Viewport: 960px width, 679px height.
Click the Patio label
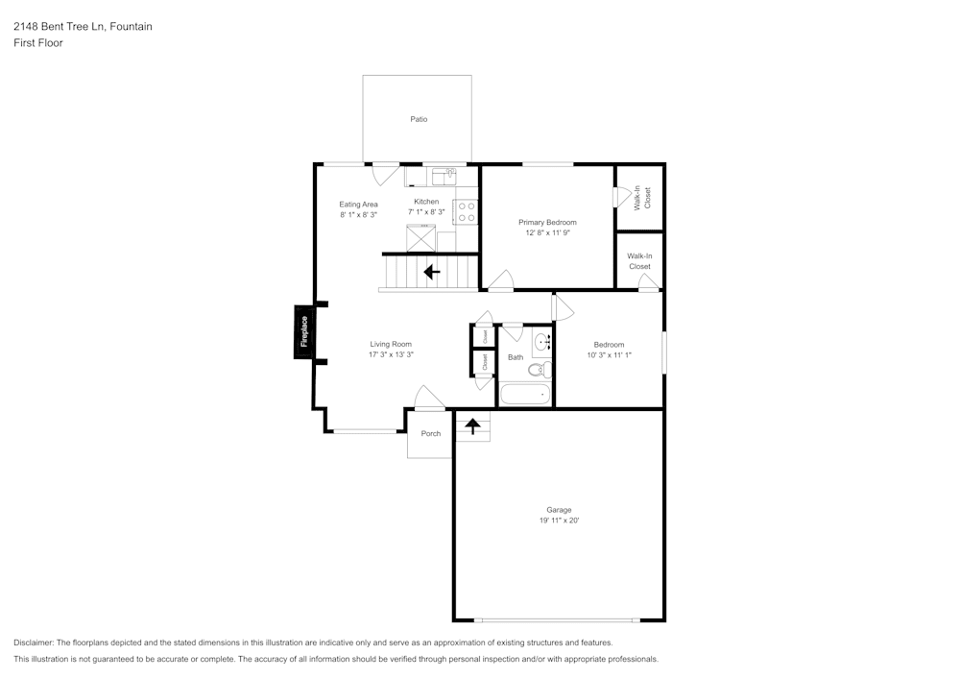point(419,119)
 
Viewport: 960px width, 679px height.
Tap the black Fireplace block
point(304,331)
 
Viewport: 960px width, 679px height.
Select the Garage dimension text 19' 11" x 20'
point(559,521)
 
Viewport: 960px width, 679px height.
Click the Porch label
point(431,433)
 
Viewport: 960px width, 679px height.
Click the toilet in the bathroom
point(537,369)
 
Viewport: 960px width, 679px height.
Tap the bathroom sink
point(542,341)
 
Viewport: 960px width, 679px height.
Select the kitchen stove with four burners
point(466,211)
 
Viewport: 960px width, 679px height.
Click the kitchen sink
point(444,176)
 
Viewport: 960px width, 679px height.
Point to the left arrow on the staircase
point(432,272)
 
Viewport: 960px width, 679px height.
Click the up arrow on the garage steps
point(472,424)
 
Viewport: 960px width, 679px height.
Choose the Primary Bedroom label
point(547,222)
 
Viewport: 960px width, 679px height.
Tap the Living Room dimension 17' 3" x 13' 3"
point(391,354)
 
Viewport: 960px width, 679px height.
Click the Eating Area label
point(358,204)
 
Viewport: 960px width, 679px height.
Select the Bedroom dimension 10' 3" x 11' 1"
point(609,354)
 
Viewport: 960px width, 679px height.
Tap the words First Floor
point(38,43)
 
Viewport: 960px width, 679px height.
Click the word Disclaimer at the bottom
point(34,643)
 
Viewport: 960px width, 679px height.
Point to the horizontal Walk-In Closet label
point(639,260)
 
